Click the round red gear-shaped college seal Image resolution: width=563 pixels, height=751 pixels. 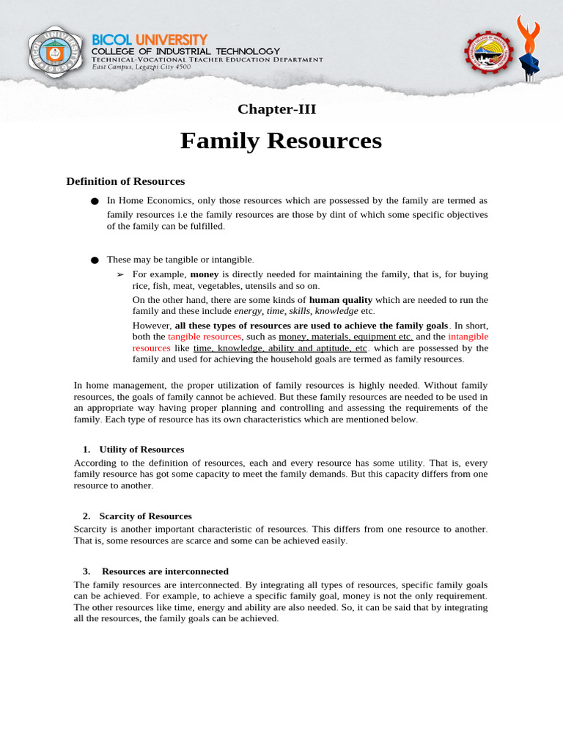point(490,54)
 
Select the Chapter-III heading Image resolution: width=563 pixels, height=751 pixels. point(276,109)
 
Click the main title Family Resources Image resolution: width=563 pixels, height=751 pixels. point(281,140)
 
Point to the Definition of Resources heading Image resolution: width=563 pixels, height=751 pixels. point(125,181)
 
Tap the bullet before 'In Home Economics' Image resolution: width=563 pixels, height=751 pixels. point(94,201)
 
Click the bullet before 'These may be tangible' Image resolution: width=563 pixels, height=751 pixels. point(94,260)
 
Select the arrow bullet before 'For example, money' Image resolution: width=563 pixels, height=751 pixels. point(121,274)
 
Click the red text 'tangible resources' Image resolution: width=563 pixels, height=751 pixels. point(204,336)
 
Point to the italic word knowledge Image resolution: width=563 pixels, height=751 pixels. point(336,311)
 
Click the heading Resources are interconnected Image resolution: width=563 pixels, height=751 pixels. point(165,571)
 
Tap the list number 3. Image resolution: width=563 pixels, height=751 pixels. point(86,571)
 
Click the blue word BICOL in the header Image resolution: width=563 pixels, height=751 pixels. point(111,39)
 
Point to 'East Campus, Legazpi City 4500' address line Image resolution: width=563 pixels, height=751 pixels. point(141,67)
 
